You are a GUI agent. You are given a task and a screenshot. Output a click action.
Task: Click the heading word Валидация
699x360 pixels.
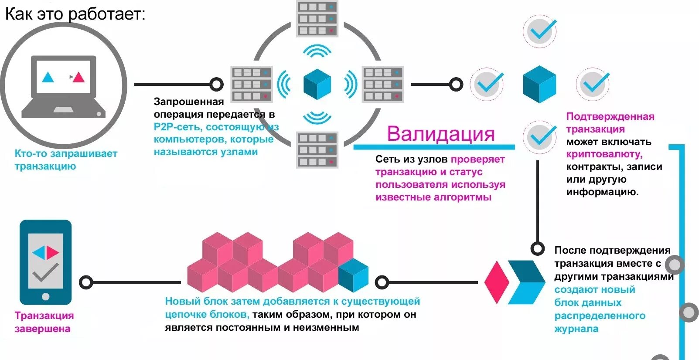point(441,134)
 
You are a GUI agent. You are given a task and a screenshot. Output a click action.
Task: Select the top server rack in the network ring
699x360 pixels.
point(317,19)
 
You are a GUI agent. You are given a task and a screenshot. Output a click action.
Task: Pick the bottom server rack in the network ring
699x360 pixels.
point(317,150)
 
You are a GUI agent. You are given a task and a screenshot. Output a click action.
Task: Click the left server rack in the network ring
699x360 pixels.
point(252,84)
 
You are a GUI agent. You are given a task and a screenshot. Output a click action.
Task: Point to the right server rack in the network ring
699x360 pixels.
point(383,84)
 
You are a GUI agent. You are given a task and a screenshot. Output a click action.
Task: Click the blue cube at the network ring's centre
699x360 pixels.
point(317,84)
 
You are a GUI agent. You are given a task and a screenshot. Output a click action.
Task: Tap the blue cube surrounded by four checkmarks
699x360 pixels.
point(539,84)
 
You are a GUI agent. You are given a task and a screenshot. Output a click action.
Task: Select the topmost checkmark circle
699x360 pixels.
point(540,31)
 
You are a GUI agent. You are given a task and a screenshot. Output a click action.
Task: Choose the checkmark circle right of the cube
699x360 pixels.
point(593,84)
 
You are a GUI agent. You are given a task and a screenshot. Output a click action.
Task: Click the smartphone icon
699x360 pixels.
point(45,262)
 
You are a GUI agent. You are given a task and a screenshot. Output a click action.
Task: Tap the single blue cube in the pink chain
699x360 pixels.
point(353,275)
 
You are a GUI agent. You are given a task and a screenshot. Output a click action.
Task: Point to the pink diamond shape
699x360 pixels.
point(497,282)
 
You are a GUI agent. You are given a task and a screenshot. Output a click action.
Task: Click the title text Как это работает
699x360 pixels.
point(75,14)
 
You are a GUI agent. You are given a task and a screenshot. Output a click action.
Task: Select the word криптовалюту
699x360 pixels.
point(604,154)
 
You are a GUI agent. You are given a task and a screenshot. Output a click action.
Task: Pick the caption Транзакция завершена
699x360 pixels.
point(44,322)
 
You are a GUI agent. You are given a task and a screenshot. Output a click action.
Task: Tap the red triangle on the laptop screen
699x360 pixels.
point(78,77)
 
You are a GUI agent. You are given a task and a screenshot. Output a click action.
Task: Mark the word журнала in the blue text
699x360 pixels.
point(576,329)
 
